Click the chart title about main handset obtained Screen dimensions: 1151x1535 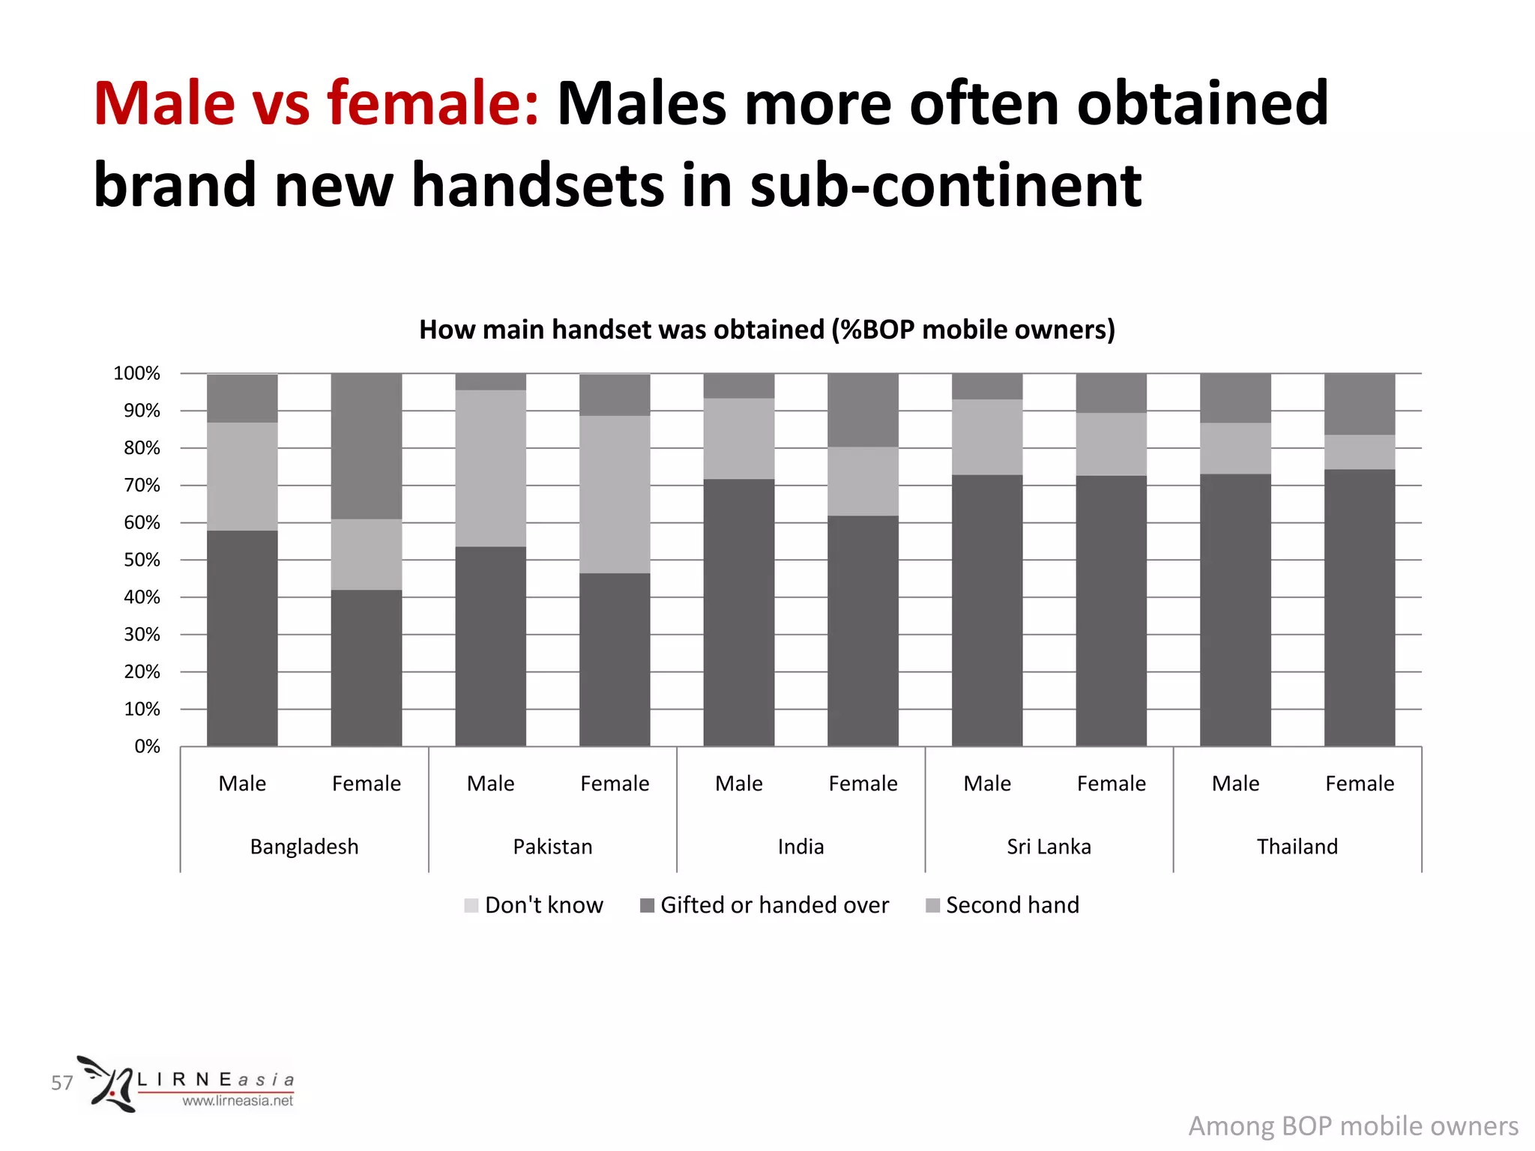coord(767,330)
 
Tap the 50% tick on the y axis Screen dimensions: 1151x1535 coord(142,560)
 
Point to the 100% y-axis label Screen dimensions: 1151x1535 coord(136,373)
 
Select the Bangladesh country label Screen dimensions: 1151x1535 coord(304,846)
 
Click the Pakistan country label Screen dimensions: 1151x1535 coord(552,846)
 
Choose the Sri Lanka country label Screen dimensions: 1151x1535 coord(1049,846)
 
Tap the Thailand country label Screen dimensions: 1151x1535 coord(1297,846)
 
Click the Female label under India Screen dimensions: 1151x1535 coord(863,783)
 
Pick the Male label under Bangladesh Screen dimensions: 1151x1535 coord(242,783)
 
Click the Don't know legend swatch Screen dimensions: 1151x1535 coord(471,905)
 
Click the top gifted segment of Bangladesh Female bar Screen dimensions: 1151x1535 coord(367,446)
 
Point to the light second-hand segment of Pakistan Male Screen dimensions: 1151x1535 coord(491,468)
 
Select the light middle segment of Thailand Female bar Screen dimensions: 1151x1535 coord(1360,452)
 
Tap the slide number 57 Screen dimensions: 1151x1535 coord(62,1083)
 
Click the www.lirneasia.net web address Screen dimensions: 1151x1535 coord(238,1101)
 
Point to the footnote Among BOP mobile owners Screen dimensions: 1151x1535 coord(1353,1126)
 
